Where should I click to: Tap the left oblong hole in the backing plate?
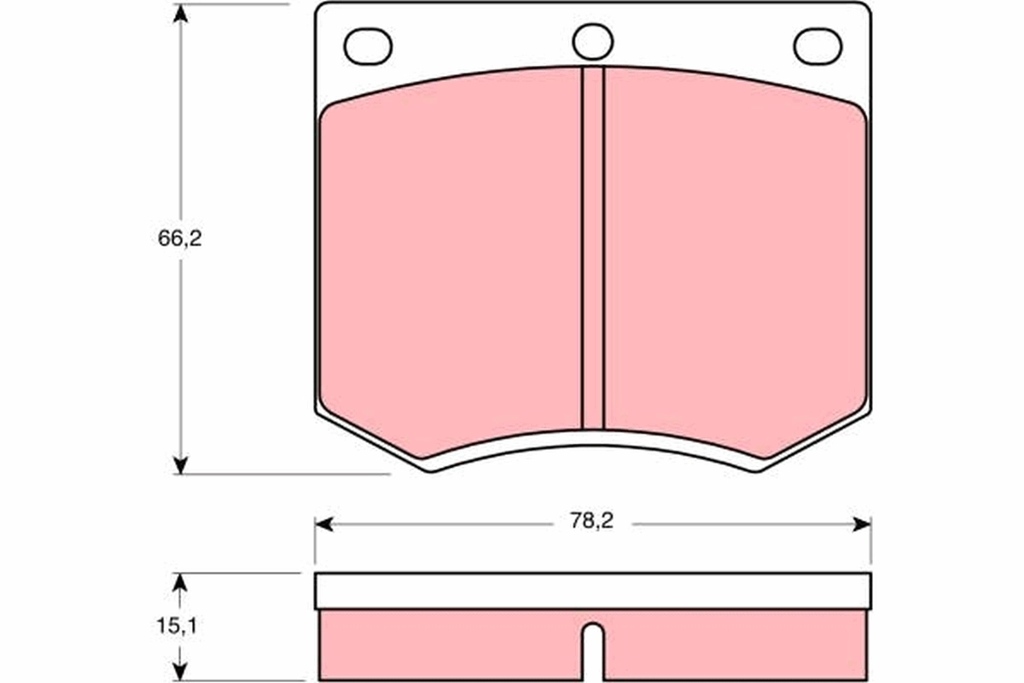tap(368, 45)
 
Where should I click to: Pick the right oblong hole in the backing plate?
tap(817, 45)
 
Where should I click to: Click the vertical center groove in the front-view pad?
tap(592, 248)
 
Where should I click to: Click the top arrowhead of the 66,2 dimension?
tap(179, 13)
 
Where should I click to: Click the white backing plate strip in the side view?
tap(592, 591)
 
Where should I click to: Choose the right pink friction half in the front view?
tap(734, 256)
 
